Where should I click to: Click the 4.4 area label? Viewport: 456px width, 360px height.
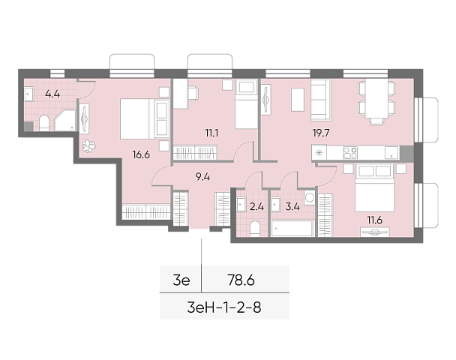52,94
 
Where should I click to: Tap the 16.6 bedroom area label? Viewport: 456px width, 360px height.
141,154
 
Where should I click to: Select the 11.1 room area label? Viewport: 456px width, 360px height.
211,133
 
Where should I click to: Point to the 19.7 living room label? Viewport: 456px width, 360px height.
321,133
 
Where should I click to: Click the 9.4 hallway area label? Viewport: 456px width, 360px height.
202,177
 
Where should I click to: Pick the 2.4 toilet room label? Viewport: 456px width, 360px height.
256,206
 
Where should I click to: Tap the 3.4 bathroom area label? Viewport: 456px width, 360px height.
292,206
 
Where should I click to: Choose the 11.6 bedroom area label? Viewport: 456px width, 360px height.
374,220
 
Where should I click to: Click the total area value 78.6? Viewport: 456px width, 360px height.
241,280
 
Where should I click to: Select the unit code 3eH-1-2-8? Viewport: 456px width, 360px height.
224,307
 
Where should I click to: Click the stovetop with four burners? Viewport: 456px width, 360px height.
349,152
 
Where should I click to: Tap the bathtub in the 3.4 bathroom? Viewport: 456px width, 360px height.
292,228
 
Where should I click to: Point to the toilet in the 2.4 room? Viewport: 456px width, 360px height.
255,229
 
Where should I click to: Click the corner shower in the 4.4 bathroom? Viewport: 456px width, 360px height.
65,120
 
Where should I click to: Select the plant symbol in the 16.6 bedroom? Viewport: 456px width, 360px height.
88,145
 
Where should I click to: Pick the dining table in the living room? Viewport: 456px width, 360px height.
376,98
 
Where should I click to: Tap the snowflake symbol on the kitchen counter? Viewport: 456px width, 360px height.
319,152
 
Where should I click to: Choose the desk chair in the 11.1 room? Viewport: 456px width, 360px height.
193,93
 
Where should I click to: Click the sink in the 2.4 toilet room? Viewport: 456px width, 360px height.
241,205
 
